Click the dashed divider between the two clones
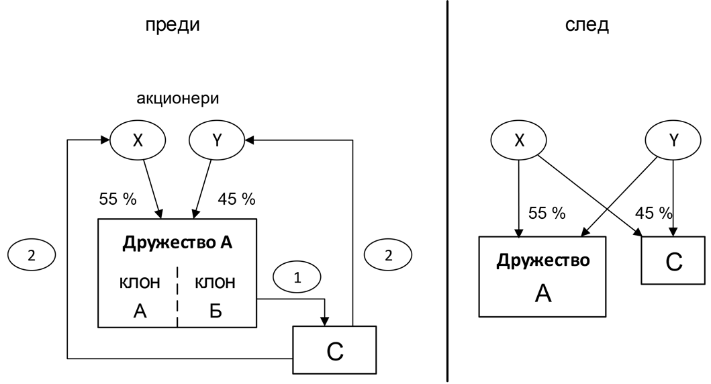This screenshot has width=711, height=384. [177, 295]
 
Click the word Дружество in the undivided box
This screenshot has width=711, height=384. [542, 260]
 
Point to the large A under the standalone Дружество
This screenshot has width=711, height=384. [542, 293]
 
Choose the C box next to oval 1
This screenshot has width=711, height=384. [334, 350]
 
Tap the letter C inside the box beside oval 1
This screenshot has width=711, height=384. [334, 351]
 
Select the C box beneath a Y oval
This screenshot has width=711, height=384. [673, 260]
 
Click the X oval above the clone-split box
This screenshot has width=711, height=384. [137, 141]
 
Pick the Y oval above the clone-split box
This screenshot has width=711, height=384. [216, 141]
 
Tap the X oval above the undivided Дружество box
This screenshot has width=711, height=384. [518, 140]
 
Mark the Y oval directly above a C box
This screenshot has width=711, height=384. [673, 140]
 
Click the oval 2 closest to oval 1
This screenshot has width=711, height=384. [387, 255]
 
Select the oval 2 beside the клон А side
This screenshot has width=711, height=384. [31, 255]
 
